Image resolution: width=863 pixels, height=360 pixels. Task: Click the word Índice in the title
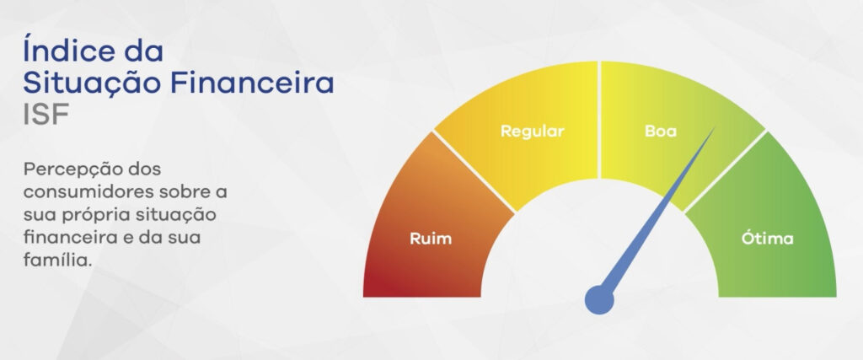pos(69,50)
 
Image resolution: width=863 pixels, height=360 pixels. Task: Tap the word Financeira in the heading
pos(252,83)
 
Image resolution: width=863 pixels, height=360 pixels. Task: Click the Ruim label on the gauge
pos(431,239)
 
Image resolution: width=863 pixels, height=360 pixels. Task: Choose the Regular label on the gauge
pos(533,132)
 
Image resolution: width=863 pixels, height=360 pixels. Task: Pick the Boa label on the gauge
pos(661,132)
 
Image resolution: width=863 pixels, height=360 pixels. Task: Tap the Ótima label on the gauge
pos(767,239)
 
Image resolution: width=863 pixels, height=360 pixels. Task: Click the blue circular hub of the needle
pos(599,300)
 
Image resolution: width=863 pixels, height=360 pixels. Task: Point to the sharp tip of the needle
pos(715,127)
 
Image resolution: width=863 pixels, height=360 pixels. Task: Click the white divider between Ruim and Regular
pos(474,171)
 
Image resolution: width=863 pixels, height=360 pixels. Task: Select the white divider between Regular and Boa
pos(599,120)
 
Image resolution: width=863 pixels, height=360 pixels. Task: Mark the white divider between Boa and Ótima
pos(725,171)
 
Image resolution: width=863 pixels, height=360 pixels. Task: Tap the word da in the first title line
pos(143,50)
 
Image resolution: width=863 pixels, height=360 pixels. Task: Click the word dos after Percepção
pos(143,169)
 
